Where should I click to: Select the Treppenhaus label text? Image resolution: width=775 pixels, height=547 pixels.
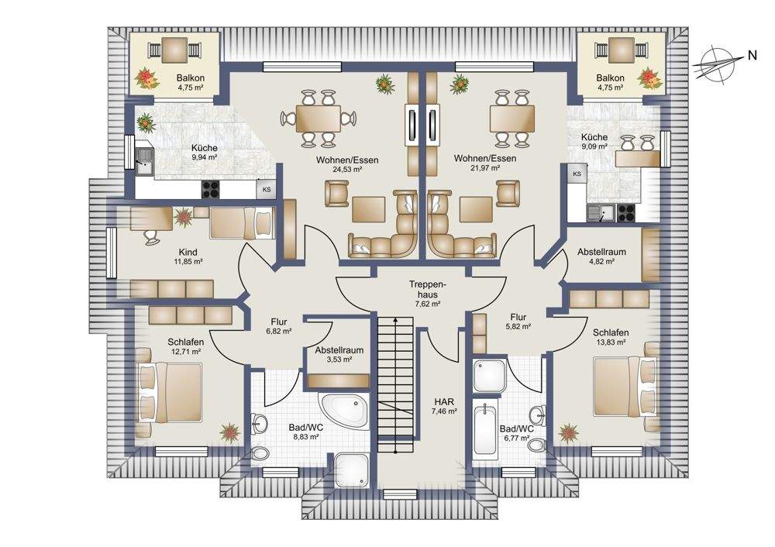(428, 290)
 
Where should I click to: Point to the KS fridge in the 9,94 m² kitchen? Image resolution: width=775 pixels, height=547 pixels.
(267, 189)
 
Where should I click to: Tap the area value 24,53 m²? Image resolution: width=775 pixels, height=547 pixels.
(347, 169)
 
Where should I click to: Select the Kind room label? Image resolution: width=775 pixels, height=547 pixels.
(188, 252)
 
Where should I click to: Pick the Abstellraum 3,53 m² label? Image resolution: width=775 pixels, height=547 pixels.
(339, 354)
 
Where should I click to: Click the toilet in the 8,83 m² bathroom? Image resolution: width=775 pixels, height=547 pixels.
(259, 453)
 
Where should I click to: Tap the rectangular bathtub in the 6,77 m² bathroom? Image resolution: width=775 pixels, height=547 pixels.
(485, 430)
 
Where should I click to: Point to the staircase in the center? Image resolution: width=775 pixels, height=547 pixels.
(395, 384)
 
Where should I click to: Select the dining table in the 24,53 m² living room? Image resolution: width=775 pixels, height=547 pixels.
(319, 119)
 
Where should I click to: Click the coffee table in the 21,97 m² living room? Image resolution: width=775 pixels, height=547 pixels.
(477, 209)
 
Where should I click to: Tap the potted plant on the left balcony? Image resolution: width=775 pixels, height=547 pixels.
(146, 78)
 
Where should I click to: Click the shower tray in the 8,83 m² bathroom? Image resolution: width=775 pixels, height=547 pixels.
(352, 470)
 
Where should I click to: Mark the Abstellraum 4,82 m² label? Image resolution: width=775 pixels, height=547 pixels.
(601, 256)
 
